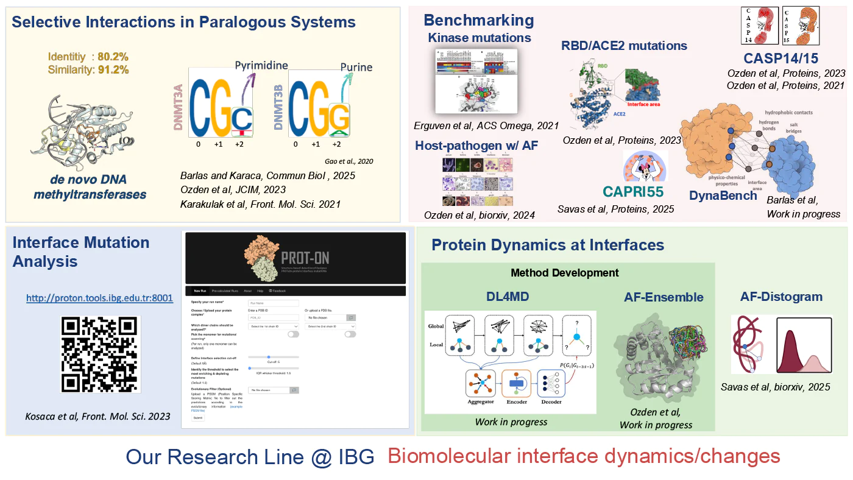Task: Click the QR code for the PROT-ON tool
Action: [x=101, y=354]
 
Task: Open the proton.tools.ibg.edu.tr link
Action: [x=99, y=298]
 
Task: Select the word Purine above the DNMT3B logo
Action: [x=356, y=67]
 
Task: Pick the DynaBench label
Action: [x=723, y=196]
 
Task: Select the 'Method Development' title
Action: [x=564, y=273]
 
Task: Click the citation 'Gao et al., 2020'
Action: [x=350, y=161]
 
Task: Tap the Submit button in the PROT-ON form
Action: [x=199, y=418]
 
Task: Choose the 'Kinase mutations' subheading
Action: [x=479, y=38]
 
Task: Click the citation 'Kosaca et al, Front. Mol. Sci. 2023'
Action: [x=97, y=416]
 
